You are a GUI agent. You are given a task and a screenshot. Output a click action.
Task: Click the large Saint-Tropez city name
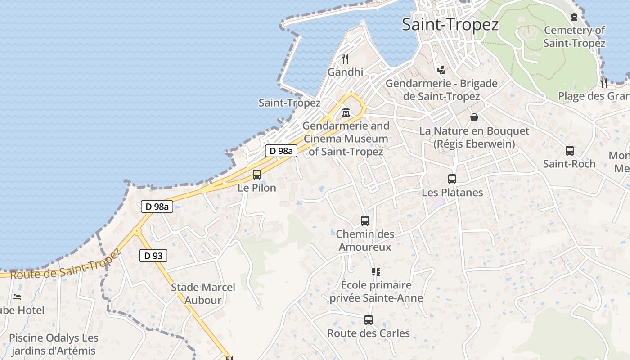pos(450,24)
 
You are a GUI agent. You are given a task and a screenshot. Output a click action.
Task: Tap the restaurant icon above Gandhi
pos(345,58)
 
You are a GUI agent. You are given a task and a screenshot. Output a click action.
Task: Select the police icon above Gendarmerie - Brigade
pos(441,69)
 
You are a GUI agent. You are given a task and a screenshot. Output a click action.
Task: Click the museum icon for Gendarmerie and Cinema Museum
pos(346,112)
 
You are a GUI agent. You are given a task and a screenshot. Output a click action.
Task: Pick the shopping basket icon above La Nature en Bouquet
pos(474,117)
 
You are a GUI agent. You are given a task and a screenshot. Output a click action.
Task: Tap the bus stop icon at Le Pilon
pos(257,175)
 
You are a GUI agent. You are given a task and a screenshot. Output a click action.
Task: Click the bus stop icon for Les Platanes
pos(452,179)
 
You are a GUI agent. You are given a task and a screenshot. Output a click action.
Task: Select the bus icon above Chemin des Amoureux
pos(365,221)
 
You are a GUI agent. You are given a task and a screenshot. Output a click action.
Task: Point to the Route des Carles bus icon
pos(369,320)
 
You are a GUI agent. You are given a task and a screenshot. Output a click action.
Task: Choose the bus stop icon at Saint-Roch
pos(569,151)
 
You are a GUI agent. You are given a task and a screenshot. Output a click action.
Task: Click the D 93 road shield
pos(153,256)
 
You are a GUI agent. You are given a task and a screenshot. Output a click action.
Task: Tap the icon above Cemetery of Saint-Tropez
pos(574,17)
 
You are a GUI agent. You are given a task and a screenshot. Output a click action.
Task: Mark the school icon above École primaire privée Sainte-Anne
pos(376,271)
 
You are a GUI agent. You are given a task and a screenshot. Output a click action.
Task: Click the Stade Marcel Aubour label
pos(203,293)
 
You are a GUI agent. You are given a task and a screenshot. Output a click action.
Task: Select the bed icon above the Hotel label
pos(17,297)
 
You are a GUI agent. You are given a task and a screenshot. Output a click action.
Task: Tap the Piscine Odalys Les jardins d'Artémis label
pos(54,344)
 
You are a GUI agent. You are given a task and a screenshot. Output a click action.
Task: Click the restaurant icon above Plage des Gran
pos(603,82)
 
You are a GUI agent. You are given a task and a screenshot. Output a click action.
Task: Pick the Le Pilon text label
pos(257,188)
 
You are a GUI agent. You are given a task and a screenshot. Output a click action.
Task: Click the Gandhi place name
pos(345,72)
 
